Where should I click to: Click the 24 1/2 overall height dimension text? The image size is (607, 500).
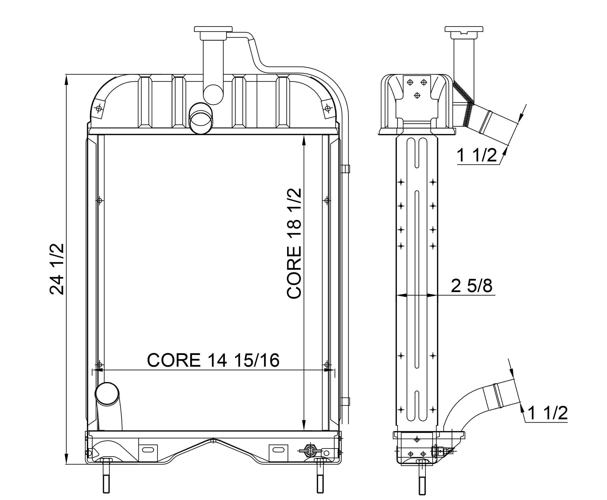click(x=57, y=269)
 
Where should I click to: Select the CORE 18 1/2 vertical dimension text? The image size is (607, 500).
click(x=294, y=243)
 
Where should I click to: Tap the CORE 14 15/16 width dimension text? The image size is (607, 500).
click(x=213, y=360)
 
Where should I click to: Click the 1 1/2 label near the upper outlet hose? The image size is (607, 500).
click(x=477, y=156)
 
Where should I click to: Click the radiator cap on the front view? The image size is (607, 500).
click(x=213, y=29)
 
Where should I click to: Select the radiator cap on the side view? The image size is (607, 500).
click(x=464, y=29)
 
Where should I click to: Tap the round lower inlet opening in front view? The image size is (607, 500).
click(x=107, y=393)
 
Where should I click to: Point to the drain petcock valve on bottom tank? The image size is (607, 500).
click(x=310, y=451)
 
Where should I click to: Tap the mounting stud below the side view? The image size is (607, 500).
click(x=422, y=477)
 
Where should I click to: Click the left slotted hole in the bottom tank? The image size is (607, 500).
click(x=148, y=450)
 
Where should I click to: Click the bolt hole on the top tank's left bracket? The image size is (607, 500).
click(x=99, y=108)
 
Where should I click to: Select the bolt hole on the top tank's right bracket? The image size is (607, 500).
click(x=327, y=108)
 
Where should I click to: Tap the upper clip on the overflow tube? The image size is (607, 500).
click(x=345, y=169)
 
